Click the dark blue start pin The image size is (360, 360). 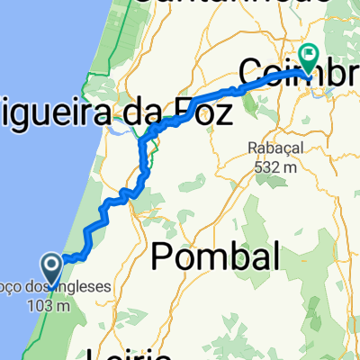coord(50,268)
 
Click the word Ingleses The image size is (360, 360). coord(85,288)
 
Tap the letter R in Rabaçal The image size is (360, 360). coord(248,148)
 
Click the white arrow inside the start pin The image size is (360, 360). coord(50,265)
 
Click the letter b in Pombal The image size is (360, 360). coord(230,258)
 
